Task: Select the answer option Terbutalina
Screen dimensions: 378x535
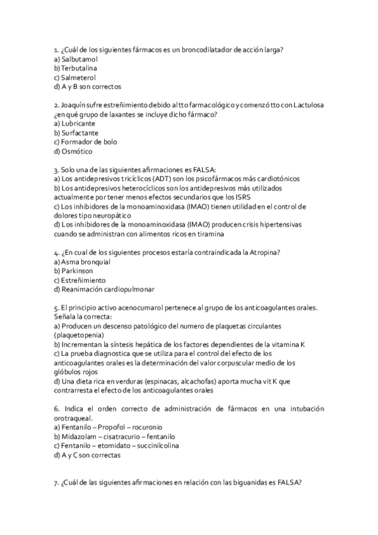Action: click(x=79, y=68)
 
